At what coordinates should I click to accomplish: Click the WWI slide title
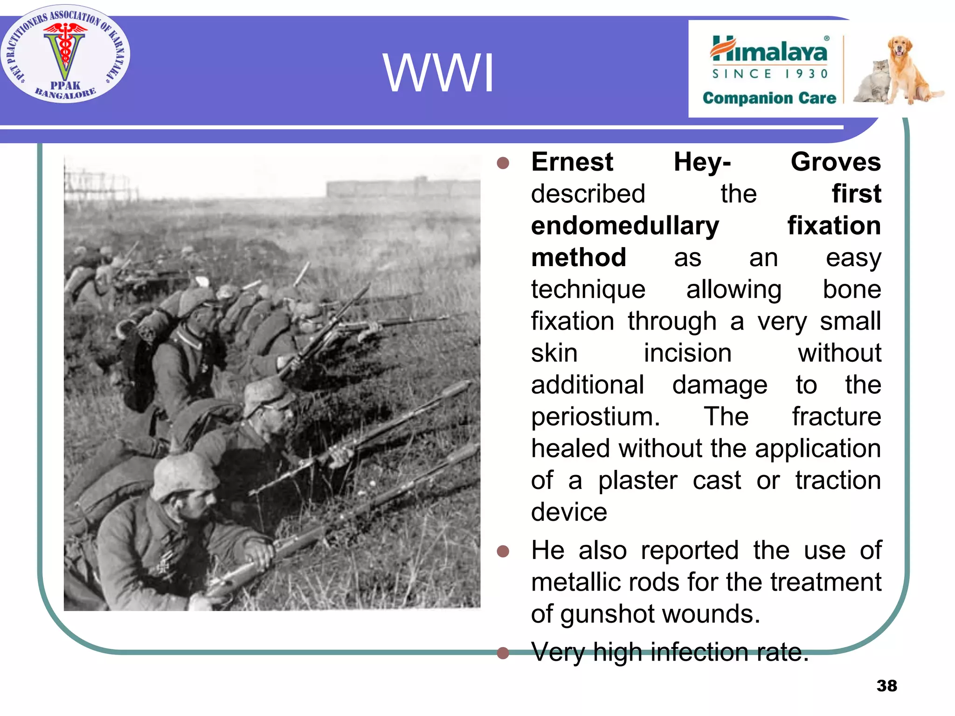438,73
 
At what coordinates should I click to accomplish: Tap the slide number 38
886,686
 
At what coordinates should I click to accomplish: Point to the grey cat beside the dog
872,82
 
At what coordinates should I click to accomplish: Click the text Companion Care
769,98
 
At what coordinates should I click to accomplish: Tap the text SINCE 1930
769,74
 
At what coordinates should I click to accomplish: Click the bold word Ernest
572,162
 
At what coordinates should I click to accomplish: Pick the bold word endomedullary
625,226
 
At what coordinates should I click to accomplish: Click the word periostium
595,417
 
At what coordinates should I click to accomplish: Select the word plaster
637,481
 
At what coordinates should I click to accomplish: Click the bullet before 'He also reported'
503,551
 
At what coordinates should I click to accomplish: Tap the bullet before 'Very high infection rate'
503,653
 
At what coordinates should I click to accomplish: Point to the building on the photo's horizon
403,188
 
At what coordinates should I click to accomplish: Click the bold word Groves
836,162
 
